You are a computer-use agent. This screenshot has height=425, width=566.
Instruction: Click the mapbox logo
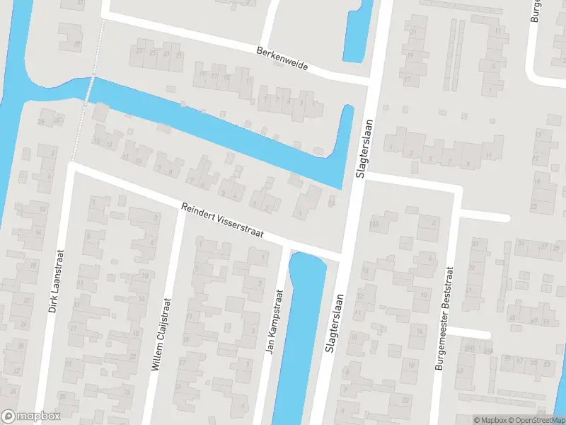point(31,416)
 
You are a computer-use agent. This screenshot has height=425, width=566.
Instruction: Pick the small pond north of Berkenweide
point(358,32)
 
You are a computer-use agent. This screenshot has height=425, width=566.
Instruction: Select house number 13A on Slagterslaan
point(374,225)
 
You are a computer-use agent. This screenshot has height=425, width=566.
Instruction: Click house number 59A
point(487,350)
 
